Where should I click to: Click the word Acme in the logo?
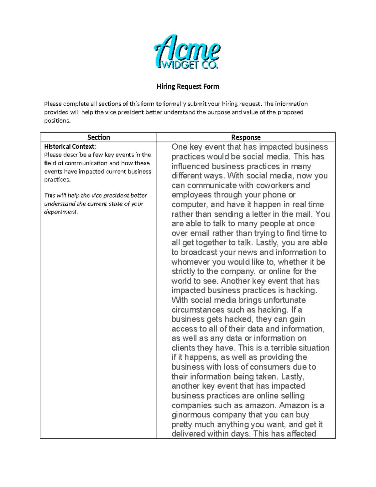coord(187,49)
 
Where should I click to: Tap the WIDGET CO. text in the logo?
coord(189,65)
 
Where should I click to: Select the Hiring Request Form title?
coord(188,87)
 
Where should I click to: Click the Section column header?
coord(98,137)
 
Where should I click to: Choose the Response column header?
coord(246,137)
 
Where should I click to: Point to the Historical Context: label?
coord(70,146)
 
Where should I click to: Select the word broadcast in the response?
coord(199,252)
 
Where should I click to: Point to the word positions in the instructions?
coord(57,121)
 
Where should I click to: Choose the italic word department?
coord(60,212)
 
